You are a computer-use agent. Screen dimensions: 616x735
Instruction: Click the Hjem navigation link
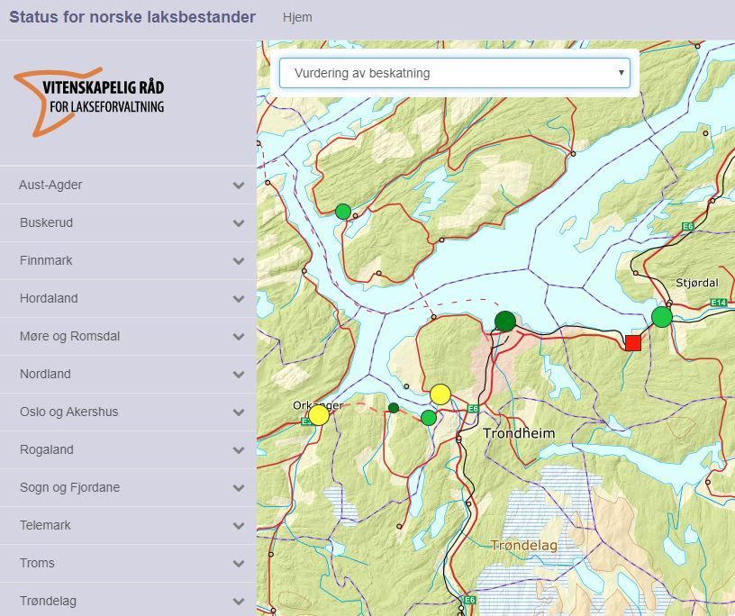click(297, 17)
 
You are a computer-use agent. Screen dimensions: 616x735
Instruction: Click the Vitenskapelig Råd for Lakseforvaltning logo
click(90, 102)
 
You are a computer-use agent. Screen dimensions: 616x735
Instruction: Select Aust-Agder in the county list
click(50, 185)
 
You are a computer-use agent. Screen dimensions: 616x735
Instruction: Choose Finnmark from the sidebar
click(46, 260)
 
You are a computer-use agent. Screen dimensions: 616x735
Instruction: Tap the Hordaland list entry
click(49, 298)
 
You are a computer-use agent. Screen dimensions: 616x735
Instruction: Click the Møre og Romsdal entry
click(69, 336)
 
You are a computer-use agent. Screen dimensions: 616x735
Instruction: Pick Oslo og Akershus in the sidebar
click(68, 412)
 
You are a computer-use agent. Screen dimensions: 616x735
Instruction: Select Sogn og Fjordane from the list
click(69, 487)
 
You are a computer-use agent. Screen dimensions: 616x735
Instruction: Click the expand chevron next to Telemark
click(239, 526)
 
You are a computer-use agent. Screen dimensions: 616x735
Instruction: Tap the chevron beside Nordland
click(239, 375)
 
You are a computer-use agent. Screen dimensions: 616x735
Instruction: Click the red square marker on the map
click(633, 342)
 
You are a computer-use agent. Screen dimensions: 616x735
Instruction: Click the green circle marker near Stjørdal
click(662, 317)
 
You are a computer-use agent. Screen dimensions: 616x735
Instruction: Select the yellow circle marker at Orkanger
click(319, 415)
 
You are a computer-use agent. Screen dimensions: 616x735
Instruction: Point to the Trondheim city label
click(519, 433)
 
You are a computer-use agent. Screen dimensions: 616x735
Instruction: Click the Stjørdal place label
click(696, 283)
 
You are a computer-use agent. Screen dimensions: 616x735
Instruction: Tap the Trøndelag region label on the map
click(524, 545)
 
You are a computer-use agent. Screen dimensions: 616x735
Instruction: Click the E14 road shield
click(718, 303)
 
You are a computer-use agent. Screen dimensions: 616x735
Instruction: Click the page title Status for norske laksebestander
click(132, 17)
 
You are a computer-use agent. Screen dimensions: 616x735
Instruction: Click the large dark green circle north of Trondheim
click(505, 322)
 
